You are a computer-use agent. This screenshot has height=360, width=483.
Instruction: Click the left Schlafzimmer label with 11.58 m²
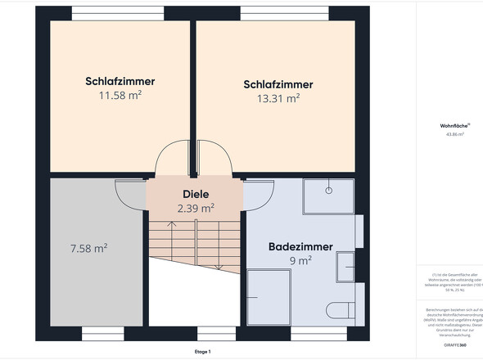(x=120, y=82)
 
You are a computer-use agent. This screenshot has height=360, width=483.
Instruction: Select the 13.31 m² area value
(x=278, y=98)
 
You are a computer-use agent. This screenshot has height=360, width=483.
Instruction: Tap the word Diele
(x=196, y=195)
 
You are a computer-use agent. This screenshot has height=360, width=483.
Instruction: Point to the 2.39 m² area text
(x=196, y=209)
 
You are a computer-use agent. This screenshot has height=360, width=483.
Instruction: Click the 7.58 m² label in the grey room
(x=90, y=248)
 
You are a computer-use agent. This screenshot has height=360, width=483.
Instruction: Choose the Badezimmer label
(x=300, y=246)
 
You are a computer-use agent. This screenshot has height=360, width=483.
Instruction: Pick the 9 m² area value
(x=300, y=261)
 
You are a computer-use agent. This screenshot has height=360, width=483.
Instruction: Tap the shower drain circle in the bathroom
(x=328, y=189)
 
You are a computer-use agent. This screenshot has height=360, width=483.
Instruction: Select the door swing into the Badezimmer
(x=257, y=194)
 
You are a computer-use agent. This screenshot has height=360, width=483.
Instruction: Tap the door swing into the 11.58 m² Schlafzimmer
(x=174, y=157)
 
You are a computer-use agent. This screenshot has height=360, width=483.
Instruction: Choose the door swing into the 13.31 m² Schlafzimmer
(x=214, y=157)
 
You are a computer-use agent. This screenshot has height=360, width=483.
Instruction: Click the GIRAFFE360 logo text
(x=455, y=345)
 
